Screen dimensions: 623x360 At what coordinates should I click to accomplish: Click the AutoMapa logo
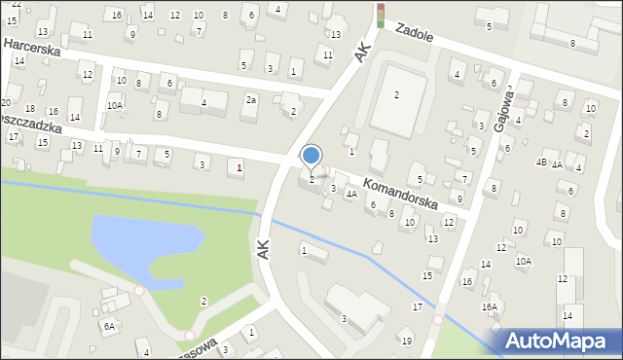pos(555,341)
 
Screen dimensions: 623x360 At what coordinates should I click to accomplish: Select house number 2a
pos(251,100)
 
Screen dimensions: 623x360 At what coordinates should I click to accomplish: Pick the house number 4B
pos(540,162)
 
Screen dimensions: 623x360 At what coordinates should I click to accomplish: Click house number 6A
pos(110,327)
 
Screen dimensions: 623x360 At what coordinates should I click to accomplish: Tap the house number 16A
pos(489,306)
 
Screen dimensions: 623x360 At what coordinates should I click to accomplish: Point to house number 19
pos(407,341)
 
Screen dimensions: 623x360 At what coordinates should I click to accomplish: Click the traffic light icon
pos(381,13)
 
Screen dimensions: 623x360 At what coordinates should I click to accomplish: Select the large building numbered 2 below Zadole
pos(396,94)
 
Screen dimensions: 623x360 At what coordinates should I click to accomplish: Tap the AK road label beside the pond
pos(262,248)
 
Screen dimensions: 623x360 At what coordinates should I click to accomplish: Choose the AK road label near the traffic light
pos(364,51)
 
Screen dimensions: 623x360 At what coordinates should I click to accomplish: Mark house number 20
pos(6,102)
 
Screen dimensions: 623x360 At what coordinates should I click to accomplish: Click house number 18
pos(30,108)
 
